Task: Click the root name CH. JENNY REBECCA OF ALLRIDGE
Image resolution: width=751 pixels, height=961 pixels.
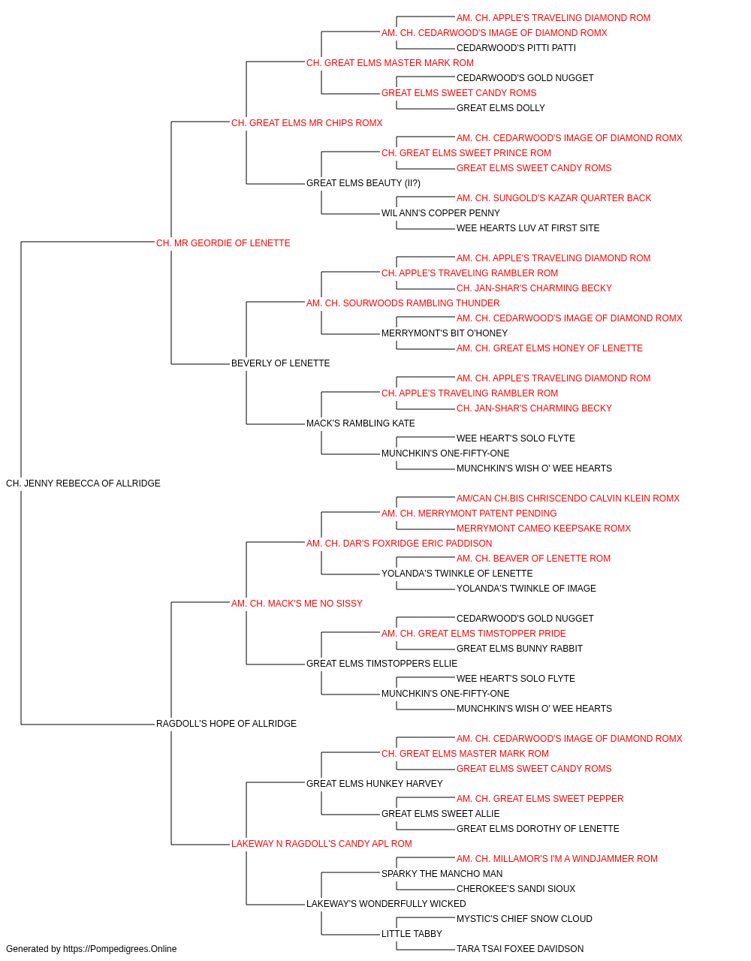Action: [x=83, y=484]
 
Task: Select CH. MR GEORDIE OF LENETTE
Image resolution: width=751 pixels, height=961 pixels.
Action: [x=223, y=243]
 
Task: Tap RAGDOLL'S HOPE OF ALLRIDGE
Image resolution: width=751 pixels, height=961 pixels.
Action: [x=226, y=724]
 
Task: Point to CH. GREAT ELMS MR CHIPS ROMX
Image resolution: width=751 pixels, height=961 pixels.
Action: [x=307, y=123]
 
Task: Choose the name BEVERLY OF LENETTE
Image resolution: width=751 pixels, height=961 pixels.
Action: [x=280, y=363]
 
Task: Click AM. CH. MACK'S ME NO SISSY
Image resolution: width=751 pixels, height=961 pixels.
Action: [x=297, y=603]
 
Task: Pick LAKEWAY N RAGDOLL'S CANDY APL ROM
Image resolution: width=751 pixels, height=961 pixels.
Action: [x=321, y=843]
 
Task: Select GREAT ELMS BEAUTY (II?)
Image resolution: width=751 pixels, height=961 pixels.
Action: [x=363, y=183]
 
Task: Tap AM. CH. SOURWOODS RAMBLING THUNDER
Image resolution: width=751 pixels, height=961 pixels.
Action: [x=403, y=303]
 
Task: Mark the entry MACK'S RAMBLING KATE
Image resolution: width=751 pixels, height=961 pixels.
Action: [x=360, y=423]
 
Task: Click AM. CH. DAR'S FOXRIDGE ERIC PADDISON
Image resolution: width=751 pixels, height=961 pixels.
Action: [x=400, y=543]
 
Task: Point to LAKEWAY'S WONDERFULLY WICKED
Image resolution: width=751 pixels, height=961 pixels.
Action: [x=386, y=903]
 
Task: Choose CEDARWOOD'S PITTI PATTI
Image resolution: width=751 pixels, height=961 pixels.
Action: [x=516, y=48]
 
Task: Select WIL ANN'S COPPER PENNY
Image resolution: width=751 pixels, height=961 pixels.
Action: [x=441, y=213]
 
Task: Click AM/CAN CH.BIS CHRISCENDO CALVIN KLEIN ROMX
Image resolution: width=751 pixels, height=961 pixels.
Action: [x=568, y=499]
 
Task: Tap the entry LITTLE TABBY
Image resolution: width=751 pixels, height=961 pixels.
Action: [x=412, y=933]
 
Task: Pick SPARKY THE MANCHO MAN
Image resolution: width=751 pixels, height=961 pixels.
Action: [x=442, y=873]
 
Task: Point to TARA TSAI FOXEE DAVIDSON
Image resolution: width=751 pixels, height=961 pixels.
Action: [x=520, y=949]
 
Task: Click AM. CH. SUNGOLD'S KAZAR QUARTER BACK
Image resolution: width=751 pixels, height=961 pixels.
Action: [x=553, y=198]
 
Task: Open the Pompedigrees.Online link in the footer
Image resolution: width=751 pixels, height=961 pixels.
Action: [x=120, y=949]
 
